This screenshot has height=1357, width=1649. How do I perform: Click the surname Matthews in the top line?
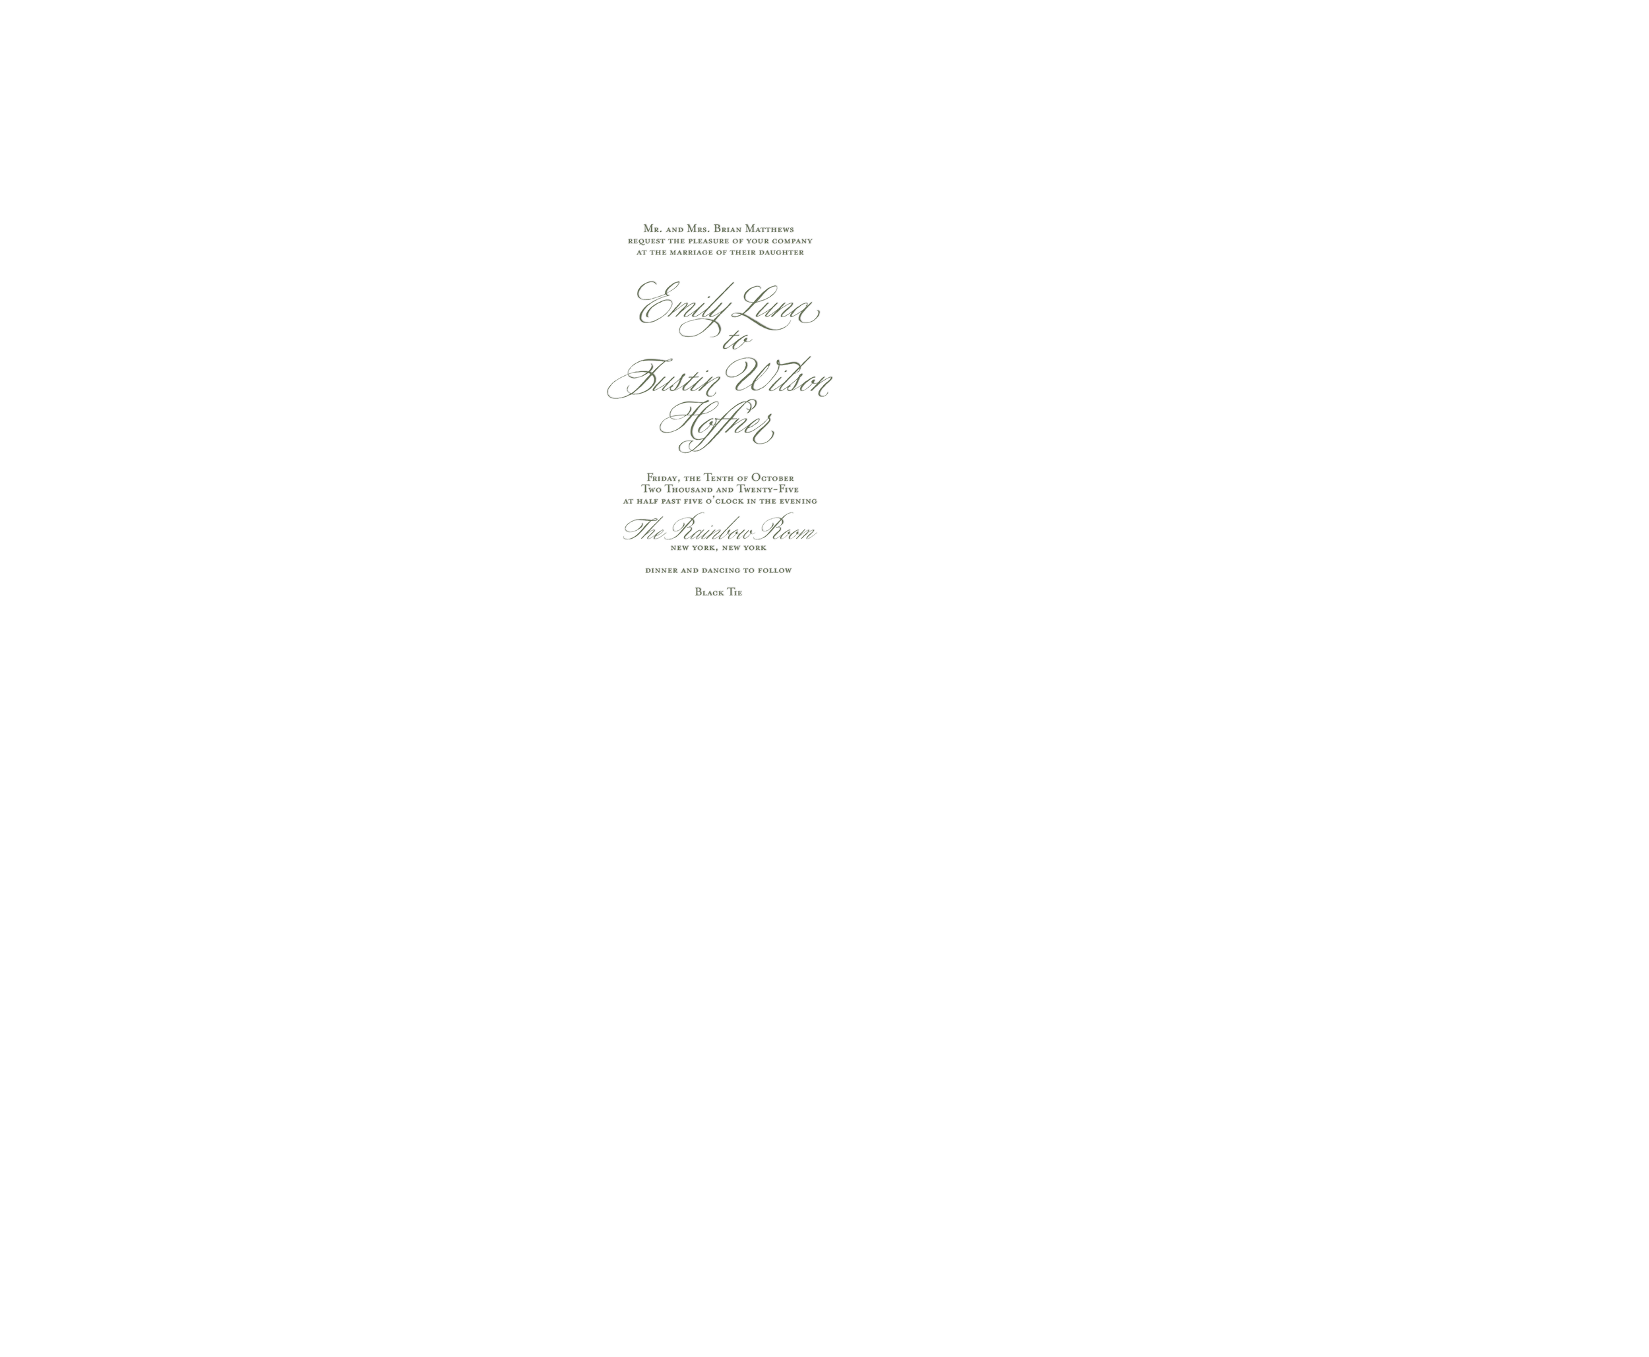pos(768,229)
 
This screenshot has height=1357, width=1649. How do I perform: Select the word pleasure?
pos(709,241)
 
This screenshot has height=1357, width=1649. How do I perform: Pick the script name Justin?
pos(665,379)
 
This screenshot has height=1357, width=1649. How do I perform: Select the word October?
pos(772,477)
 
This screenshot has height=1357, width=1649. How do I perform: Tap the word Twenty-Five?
pos(768,489)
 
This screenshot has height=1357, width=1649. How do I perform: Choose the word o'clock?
pos(725,501)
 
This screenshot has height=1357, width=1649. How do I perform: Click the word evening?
pos(798,501)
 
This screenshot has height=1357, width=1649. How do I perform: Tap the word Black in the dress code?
pos(709,593)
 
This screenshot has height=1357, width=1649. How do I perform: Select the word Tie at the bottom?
pos(735,593)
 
